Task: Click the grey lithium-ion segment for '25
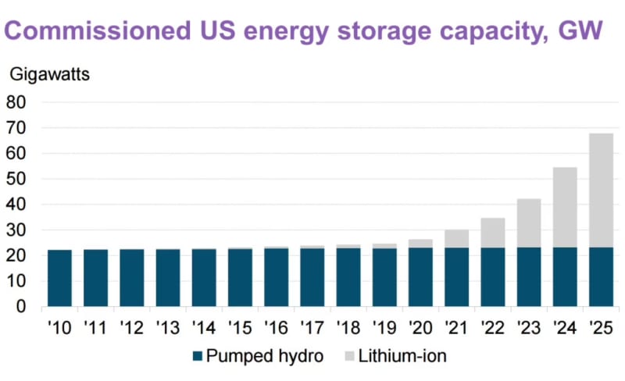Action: (x=601, y=190)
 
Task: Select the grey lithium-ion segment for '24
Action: (x=565, y=207)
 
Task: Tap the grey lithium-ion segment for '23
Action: (x=529, y=223)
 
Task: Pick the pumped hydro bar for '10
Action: (x=60, y=278)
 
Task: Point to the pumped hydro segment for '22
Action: (x=493, y=277)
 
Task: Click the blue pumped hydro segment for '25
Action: (x=601, y=277)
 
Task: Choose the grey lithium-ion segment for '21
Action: (x=457, y=238)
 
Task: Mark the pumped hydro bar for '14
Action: (x=204, y=278)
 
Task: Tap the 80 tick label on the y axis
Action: (x=16, y=102)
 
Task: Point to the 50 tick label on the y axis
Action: (x=16, y=179)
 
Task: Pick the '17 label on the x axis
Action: (x=312, y=327)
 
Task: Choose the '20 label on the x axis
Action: (x=420, y=327)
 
